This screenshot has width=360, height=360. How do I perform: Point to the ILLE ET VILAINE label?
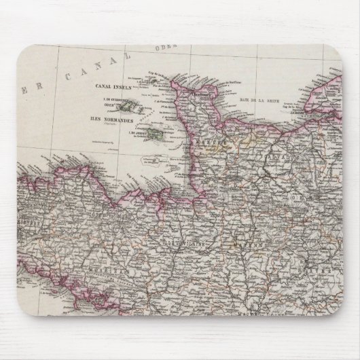pos(179,240)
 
